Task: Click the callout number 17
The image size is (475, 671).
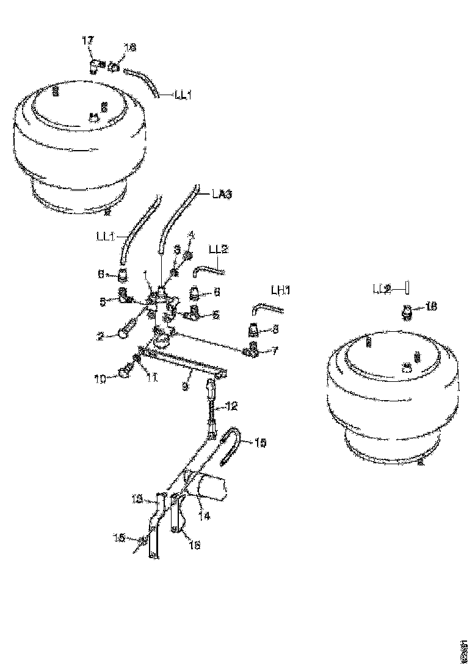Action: click(x=88, y=40)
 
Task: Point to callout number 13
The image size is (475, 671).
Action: click(x=137, y=498)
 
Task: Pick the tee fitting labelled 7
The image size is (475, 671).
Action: click(x=252, y=350)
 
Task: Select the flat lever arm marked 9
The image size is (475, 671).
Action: click(x=183, y=361)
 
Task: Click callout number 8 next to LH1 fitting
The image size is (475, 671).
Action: click(x=275, y=329)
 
